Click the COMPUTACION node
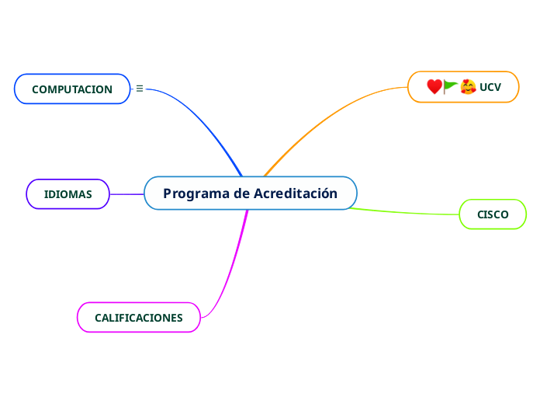coord(72,89)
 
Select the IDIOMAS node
coord(67,194)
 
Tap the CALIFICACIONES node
coord(138,318)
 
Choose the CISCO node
coord(493,214)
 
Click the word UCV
coord(490,87)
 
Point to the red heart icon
coord(434,86)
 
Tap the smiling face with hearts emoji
coord(468,86)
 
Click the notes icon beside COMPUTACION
coord(140,89)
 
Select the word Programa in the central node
coord(196,193)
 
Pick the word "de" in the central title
coord(241,193)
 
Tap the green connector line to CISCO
coord(411,212)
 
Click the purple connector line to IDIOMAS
coord(127,194)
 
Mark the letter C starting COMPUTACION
coord(36,89)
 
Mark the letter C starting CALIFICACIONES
coord(99,318)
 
